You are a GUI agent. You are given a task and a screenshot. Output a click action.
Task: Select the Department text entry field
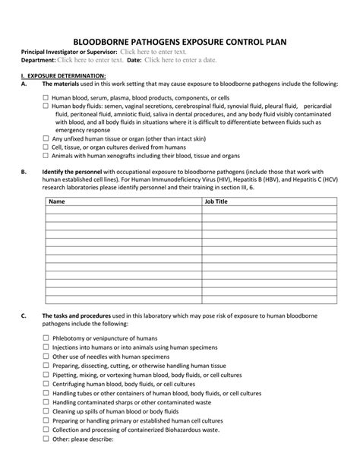(x=90, y=59)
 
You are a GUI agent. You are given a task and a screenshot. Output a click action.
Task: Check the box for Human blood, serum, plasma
(x=46, y=98)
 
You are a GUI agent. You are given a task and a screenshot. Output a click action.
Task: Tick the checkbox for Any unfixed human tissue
(x=46, y=139)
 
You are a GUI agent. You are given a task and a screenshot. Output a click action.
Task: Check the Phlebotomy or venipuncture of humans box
(x=46, y=338)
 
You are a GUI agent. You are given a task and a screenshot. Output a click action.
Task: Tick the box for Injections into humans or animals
(x=46, y=346)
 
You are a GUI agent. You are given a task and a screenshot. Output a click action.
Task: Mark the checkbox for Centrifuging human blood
(x=46, y=385)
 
